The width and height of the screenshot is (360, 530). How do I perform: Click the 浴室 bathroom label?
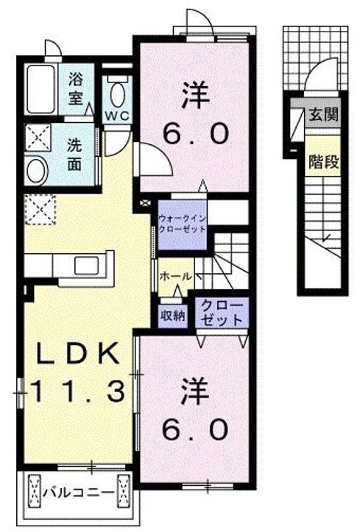(x=76, y=88)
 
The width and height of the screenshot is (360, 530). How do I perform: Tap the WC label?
(x=116, y=116)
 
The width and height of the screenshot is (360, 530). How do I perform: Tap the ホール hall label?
(x=177, y=276)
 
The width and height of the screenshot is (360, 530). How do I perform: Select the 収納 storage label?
(x=173, y=316)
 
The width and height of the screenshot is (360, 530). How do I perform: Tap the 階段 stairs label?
(x=323, y=160)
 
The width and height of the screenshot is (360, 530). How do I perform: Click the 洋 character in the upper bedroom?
(x=194, y=95)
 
